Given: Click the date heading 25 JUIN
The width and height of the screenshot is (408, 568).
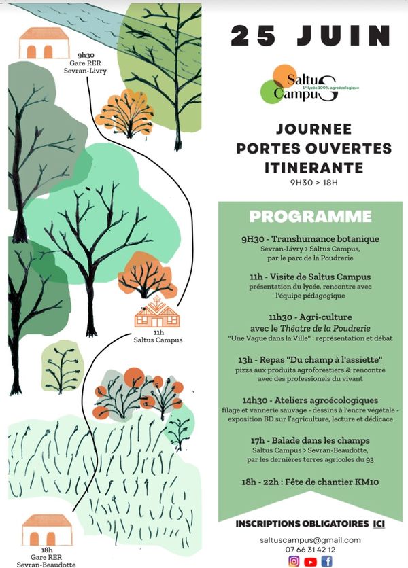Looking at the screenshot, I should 311,35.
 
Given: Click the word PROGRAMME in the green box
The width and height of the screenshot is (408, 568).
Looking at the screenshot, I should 310,217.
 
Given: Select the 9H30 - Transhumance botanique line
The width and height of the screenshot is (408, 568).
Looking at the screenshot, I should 310,239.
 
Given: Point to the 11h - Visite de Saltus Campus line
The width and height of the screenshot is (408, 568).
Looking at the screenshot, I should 310,277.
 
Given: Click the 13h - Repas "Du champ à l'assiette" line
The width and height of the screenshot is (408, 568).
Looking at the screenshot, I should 310,358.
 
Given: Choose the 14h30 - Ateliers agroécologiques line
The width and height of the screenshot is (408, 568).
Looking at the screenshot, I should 310,400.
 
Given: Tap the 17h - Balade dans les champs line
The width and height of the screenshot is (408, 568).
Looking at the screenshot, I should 310,442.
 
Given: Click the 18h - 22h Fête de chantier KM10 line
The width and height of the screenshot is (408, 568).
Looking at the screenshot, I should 310,482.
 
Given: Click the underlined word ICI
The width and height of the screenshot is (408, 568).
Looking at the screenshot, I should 379,524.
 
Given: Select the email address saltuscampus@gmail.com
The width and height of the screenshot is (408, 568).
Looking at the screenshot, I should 310,539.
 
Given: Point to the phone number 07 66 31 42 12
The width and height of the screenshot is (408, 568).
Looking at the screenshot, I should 310,549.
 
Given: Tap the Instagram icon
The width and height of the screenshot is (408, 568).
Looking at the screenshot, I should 294,561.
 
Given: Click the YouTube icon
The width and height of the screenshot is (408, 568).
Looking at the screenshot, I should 310,561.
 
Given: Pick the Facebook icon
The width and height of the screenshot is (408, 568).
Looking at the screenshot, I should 327,561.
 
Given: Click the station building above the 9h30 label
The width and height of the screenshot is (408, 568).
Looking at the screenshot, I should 44,43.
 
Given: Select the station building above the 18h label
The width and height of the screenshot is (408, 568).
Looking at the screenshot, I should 48,529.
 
